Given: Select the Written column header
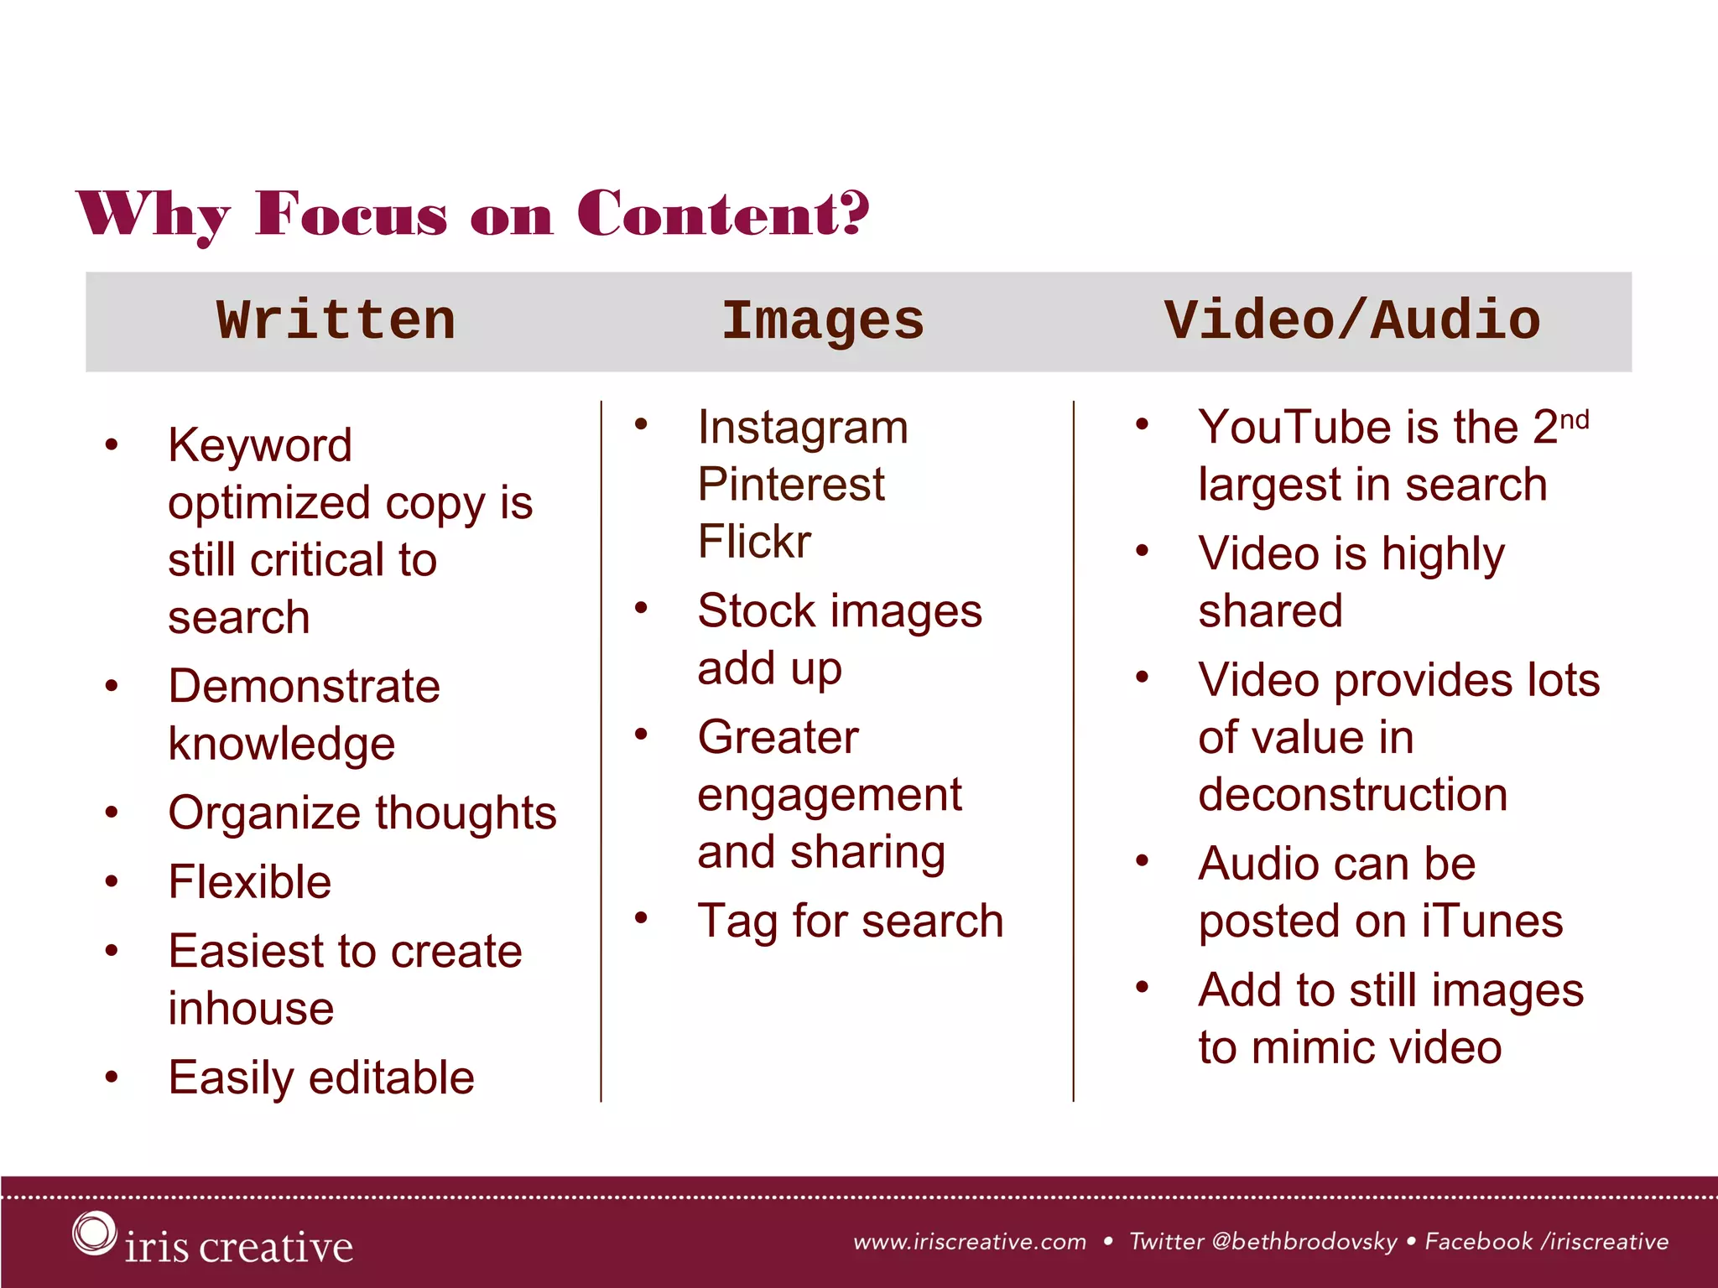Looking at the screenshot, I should [x=336, y=321].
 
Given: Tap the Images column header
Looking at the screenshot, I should [x=822, y=321].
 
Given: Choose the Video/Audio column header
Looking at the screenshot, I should [x=1352, y=321].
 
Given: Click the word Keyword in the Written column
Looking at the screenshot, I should [x=260, y=445].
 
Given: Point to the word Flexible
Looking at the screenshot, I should [x=250, y=882].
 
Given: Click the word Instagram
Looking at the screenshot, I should [x=803, y=428].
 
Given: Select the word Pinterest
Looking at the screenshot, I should [x=791, y=485].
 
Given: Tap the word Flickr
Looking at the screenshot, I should [x=754, y=542].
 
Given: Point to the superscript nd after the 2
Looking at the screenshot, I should [x=1575, y=419].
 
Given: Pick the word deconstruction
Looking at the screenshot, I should [x=1352, y=794].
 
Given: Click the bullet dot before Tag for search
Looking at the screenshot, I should [x=642, y=918].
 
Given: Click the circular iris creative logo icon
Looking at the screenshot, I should [x=93, y=1233].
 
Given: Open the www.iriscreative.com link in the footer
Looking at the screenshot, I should [x=970, y=1242].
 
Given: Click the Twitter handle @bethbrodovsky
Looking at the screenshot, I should [x=1304, y=1242].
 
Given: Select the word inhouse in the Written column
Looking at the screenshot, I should [x=251, y=1009].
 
